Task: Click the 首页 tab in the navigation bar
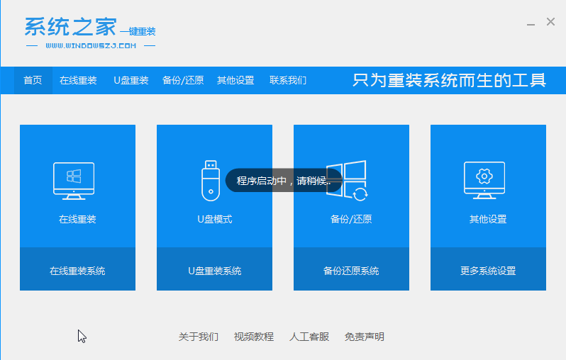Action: click(33, 80)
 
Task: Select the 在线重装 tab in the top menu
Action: click(78, 80)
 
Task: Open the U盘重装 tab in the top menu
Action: click(131, 80)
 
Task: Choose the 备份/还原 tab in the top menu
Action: click(183, 80)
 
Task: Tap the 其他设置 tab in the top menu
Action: click(235, 80)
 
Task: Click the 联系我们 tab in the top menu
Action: click(288, 80)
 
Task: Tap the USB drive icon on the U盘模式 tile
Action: click(211, 180)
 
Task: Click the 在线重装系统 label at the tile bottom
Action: click(77, 271)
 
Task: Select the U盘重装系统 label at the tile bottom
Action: click(214, 271)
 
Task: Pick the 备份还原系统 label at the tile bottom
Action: click(351, 271)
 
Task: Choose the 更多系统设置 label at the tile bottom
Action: click(488, 271)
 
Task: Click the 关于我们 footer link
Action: click(198, 337)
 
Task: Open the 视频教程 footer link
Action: click(253, 337)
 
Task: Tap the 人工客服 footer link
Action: click(309, 337)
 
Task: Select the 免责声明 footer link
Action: click(365, 337)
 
